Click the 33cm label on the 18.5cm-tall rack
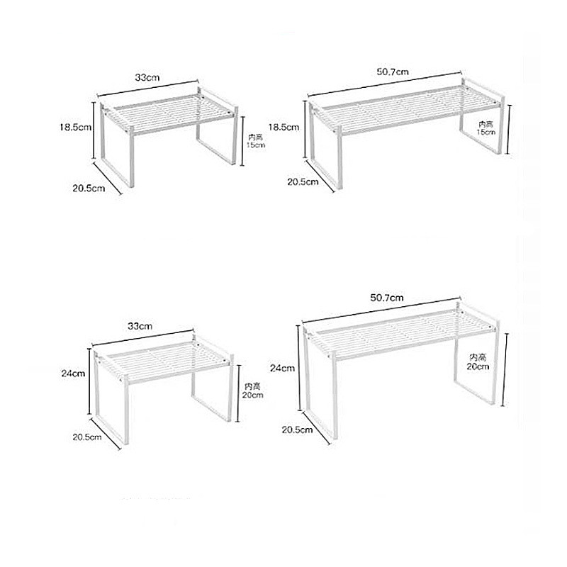147,77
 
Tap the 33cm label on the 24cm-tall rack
140,326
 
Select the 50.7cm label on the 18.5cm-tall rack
393,72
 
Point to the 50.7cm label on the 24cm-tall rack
386,298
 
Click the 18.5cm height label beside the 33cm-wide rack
76,128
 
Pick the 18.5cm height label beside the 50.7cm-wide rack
283,128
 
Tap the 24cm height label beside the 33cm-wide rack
73,374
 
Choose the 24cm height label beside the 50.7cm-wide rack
282,368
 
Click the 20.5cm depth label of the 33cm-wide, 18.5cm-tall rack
89,189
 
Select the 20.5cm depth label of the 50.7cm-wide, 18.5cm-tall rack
303,181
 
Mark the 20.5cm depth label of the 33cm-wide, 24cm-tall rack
87,437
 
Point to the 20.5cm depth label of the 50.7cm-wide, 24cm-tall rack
297,430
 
